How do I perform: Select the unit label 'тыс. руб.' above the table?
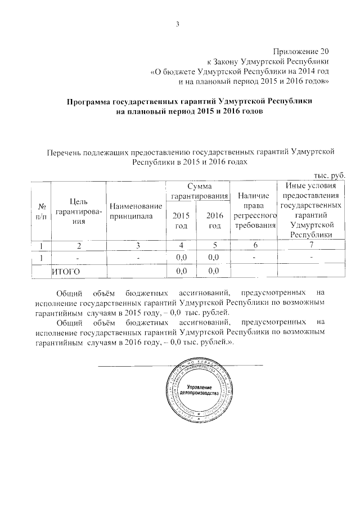click(328, 175)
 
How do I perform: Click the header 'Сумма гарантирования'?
click(199, 191)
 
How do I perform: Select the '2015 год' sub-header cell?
click(181, 220)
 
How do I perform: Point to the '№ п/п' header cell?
click(40, 212)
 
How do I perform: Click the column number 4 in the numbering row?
click(181, 245)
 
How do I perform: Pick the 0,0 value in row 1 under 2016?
click(213, 258)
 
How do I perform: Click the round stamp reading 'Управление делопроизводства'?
click(206, 391)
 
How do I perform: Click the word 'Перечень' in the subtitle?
click(64, 151)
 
